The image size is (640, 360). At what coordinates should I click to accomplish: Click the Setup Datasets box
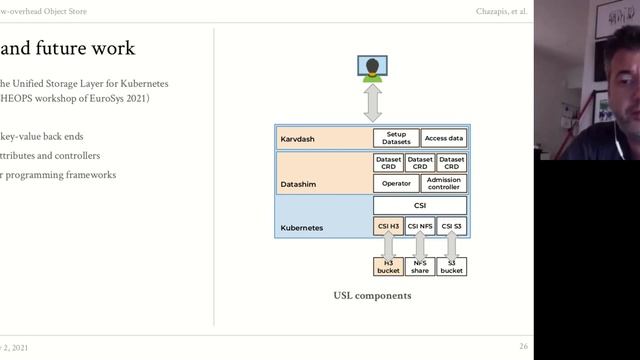click(396, 139)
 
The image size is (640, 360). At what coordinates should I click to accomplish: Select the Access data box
click(443, 139)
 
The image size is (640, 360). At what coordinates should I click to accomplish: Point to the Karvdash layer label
click(297, 139)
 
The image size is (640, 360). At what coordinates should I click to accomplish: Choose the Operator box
click(396, 183)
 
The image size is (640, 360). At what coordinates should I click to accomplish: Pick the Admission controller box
click(443, 183)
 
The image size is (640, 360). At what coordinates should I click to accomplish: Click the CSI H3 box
click(388, 227)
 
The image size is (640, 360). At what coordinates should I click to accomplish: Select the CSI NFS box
click(420, 227)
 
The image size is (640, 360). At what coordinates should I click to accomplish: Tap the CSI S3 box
click(452, 227)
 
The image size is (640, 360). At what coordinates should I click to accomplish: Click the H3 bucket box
click(388, 266)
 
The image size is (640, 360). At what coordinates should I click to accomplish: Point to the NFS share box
click(420, 266)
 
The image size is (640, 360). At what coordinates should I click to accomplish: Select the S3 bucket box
click(452, 266)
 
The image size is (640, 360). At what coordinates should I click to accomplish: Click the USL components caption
click(372, 296)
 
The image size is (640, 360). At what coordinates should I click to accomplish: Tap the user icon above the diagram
click(372, 68)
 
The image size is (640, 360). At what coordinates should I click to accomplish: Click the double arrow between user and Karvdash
click(372, 103)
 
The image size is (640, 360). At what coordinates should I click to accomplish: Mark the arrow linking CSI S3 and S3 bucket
click(452, 246)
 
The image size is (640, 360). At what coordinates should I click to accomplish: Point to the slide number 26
click(524, 346)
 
